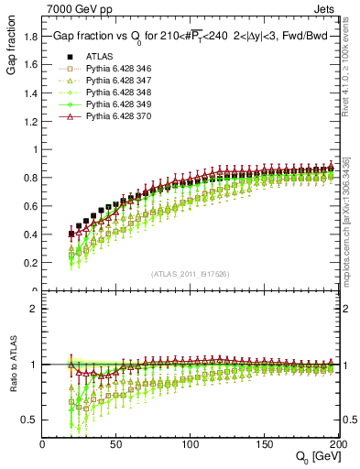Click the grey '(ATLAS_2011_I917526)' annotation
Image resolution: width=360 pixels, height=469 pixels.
pos(191,274)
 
